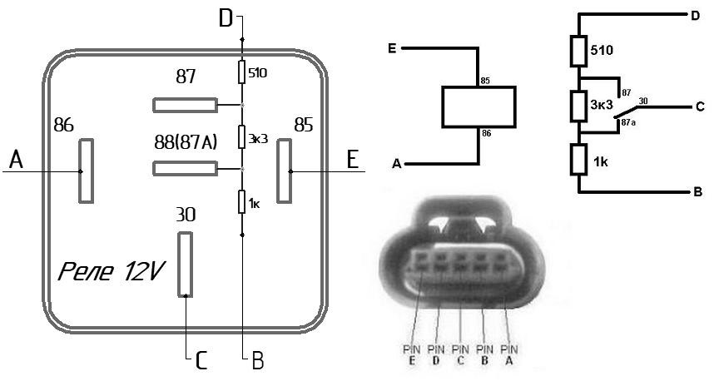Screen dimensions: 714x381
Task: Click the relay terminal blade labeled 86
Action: coord(86,171)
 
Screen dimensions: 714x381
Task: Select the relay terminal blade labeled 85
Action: coord(284,171)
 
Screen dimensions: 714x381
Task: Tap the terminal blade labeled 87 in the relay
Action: coord(185,105)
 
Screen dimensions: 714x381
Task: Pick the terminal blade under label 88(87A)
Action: coord(185,168)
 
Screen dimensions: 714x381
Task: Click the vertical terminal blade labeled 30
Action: coord(185,265)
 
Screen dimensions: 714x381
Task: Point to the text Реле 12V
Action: coord(112,272)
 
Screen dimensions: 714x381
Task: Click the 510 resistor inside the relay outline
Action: coord(242,73)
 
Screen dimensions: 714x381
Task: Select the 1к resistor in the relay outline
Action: coord(242,201)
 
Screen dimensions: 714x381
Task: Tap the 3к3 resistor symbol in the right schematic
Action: coord(578,106)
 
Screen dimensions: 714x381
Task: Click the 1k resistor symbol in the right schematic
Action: coord(578,160)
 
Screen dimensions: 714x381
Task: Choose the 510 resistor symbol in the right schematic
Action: coord(578,51)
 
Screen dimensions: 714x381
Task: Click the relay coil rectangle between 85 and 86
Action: coord(478,107)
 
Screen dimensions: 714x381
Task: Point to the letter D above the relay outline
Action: coord(226,18)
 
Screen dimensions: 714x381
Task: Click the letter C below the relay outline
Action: coord(201,360)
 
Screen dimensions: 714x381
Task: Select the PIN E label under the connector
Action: coord(412,354)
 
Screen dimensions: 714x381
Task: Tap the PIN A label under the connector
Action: coord(509,354)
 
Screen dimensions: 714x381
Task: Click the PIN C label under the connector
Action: coord(460,354)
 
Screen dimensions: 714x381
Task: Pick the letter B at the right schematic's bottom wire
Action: coord(697,192)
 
